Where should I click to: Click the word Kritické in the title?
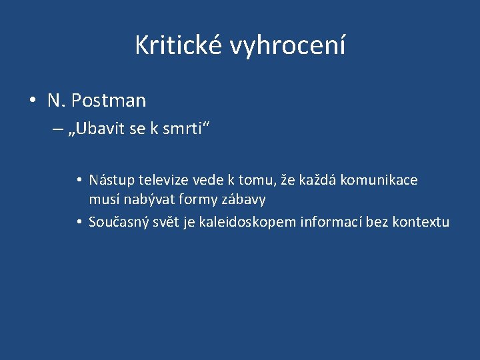tap(179, 45)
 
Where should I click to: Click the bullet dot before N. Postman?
tap(33, 101)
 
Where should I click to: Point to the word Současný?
tap(117, 222)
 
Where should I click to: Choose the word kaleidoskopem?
tap(248, 222)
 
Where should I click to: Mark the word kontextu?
tap(421, 222)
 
